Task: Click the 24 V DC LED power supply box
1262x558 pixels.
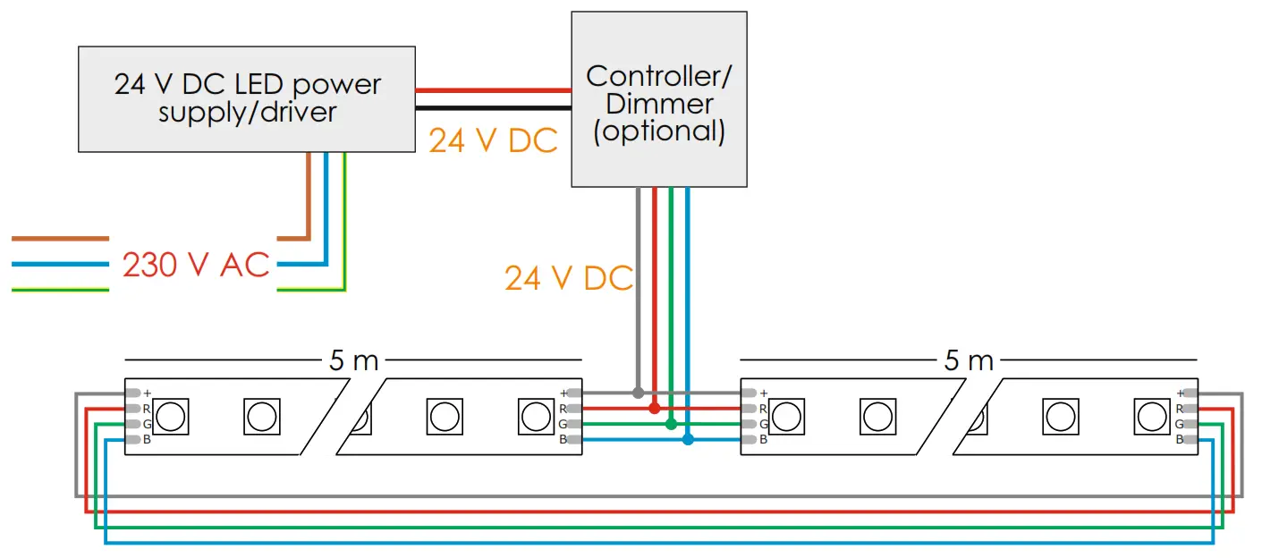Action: pyautogui.click(x=247, y=98)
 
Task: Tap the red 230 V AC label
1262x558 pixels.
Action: pyautogui.click(x=195, y=266)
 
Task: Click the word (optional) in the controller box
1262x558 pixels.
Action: pyautogui.click(x=659, y=131)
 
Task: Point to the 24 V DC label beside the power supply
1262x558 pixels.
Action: pyautogui.click(x=493, y=141)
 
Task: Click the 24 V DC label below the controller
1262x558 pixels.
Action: pyautogui.click(x=568, y=278)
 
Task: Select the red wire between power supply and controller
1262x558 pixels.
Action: pyautogui.click(x=493, y=90)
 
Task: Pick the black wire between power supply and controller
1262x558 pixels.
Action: pyautogui.click(x=493, y=108)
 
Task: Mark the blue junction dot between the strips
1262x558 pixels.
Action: pyautogui.click(x=688, y=439)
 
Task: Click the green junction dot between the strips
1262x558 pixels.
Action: pyautogui.click(x=671, y=424)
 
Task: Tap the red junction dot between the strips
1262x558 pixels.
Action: pyautogui.click(x=655, y=408)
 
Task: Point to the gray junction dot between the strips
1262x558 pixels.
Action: pyautogui.click(x=638, y=393)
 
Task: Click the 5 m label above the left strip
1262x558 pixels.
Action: pyautogui.click(x=353, y=361)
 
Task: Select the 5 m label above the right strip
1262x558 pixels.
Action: pyautogui.click(x=969, y=361)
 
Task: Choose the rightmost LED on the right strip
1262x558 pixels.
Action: pyautogui.click(x=1150, y=416)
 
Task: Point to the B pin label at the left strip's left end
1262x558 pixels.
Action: pyautogui.click(x=147, y=439)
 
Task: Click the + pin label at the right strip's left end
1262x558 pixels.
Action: pyautogui.click(x=763, y=393)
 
